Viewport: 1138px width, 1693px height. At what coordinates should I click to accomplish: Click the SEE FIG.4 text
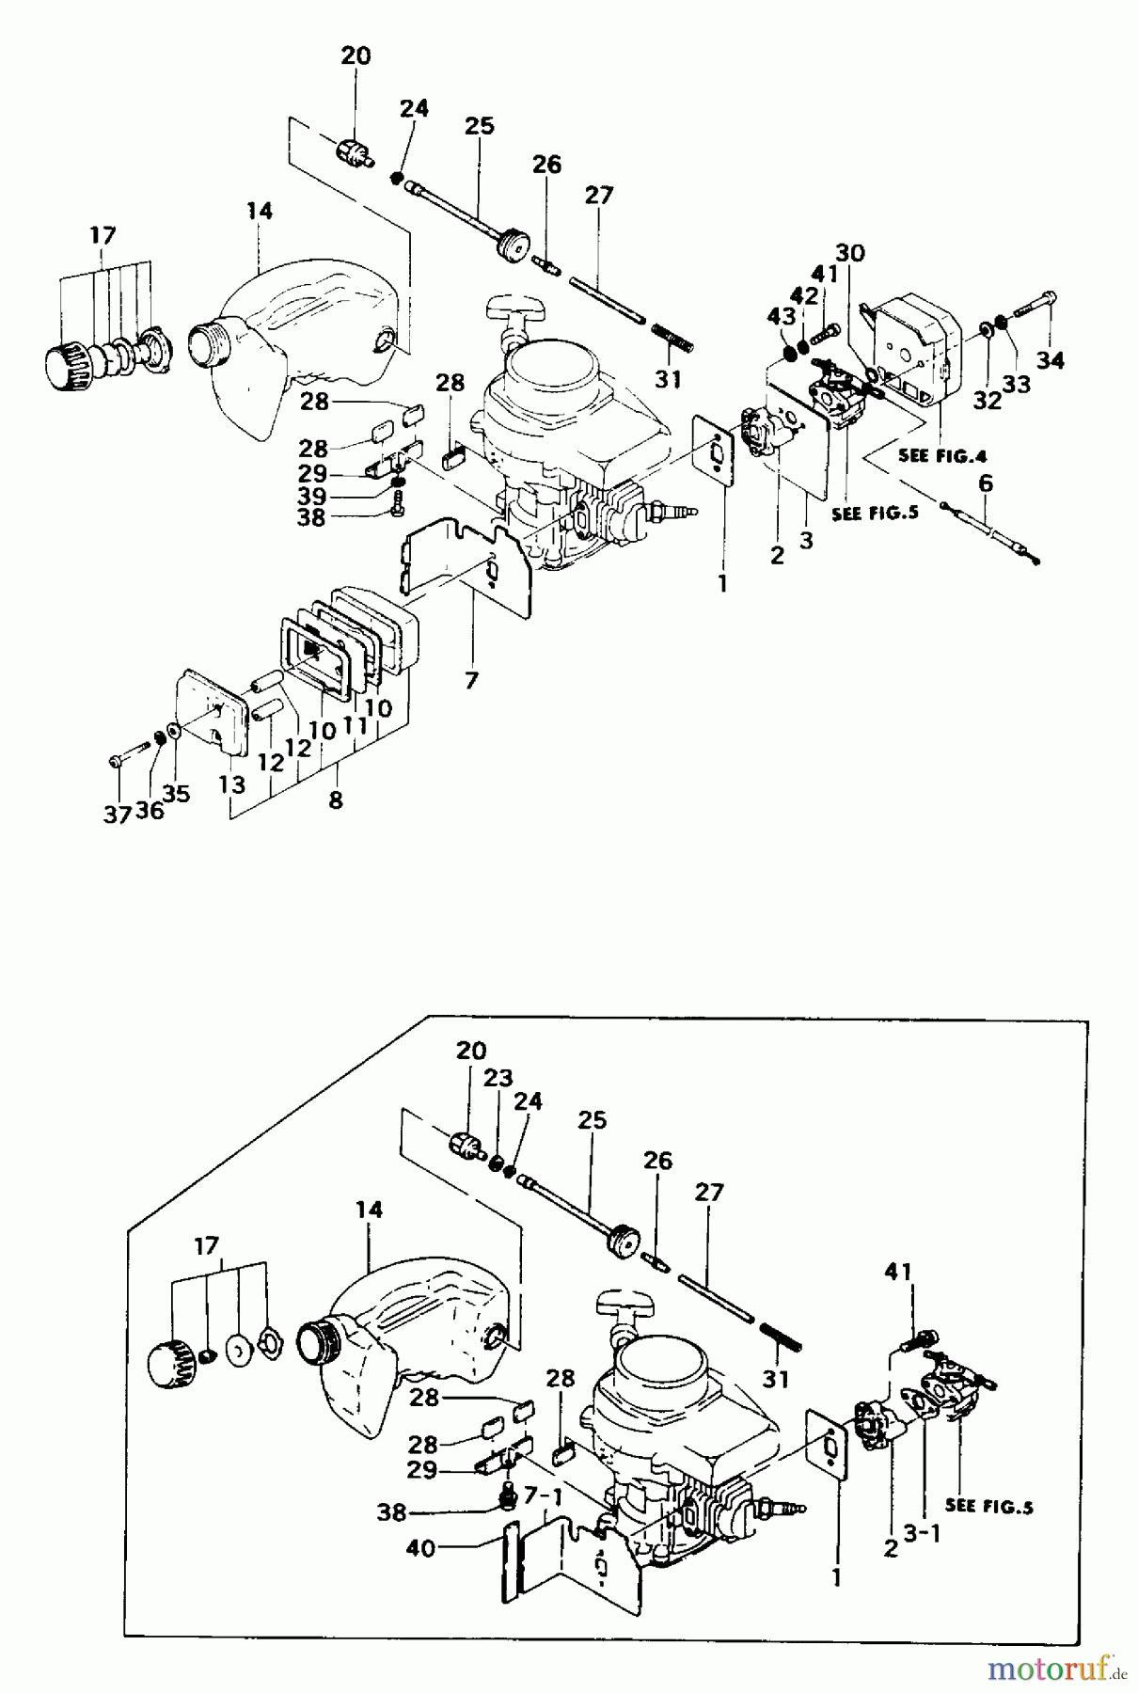[x=942, y=456]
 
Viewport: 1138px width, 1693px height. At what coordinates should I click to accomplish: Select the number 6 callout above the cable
[x=985, y=483]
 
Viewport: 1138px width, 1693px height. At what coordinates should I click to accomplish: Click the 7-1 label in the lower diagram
[x=543, y=1494]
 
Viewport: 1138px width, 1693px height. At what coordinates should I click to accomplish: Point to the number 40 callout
[x=420, y=1546]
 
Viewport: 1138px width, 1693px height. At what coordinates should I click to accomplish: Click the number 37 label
[x=117, y=815]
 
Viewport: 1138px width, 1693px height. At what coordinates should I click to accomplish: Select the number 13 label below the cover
[x=232, y=783]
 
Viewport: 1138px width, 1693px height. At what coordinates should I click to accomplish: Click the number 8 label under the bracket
[x=336, y=800]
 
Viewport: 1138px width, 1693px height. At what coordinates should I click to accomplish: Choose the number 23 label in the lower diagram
[x=498, y=1078]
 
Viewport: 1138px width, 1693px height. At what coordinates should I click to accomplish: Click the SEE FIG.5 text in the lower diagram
[x=988, y=1505]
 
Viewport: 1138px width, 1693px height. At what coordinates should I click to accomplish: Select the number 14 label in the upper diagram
[x=259, y=212]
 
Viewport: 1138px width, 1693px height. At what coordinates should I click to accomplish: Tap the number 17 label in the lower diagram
[x=206, y=1246]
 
